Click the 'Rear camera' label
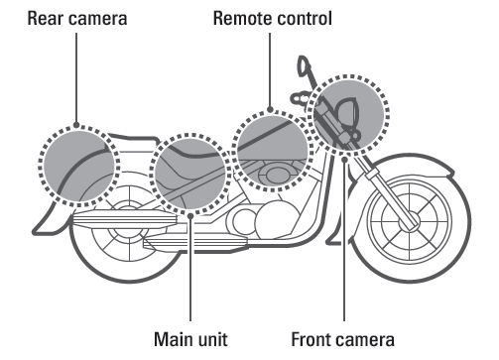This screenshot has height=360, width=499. click(77, 18)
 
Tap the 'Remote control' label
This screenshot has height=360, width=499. click(273, 18)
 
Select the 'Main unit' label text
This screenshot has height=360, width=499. click(190, 339)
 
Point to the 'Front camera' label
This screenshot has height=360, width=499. click(342, 339)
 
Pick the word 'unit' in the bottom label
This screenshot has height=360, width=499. click(214, 339)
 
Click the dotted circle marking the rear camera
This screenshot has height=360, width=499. click(40, 166)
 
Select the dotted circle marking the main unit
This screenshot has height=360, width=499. click(152, 174)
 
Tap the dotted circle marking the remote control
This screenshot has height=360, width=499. click(234, 151)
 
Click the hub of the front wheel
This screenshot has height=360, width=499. click(409, 222)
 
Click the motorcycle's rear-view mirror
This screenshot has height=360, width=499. click(304, 66)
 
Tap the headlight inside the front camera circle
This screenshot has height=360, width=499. click(347, 111)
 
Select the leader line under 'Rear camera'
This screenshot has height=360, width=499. click(76, 78)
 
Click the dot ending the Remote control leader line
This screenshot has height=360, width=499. click(270, 109)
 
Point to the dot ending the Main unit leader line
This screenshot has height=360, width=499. click(190, 216)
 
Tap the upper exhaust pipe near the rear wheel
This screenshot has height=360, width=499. click(125, 219)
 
